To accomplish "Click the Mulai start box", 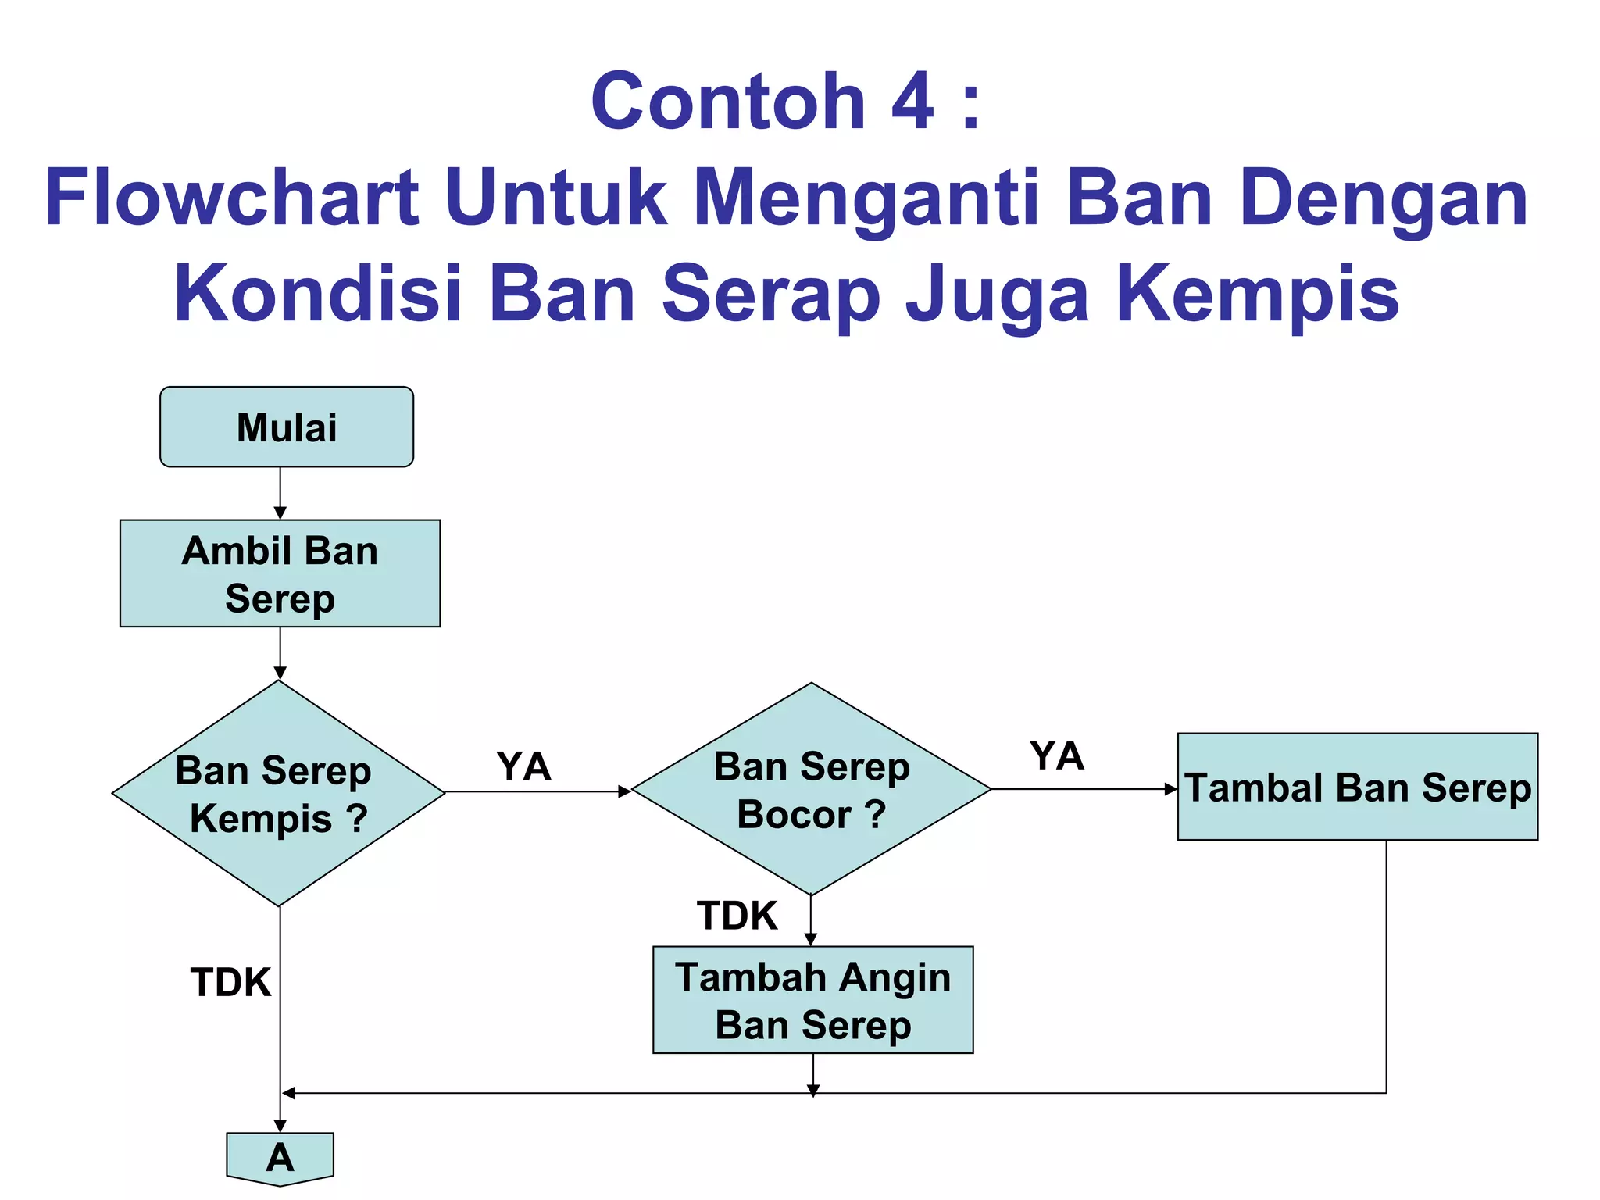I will (x=287, y=427).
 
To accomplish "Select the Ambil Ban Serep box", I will (x=280, y=573).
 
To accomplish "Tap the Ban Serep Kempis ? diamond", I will (x=279, y=793).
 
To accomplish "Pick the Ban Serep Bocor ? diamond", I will (x=811, y=789).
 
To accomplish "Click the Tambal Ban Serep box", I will (x=1357, y=787).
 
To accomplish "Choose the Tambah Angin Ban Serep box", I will (x=812, y=1000).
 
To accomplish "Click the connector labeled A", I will (x=280, y=1157).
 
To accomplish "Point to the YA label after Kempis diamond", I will (x=523, y=766).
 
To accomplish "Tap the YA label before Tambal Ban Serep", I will (x=1056, y=755).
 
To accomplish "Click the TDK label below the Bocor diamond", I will (x=737, y=916).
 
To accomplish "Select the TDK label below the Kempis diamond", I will (x=230, y=982).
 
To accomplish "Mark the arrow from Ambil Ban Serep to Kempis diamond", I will (x=280, y=653).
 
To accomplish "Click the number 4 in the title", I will (x=912, y=102).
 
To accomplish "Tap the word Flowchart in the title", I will (x=232, y=198).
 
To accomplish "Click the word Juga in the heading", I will (x=997, y=295).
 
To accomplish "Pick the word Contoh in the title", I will (x=728, y=102).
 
